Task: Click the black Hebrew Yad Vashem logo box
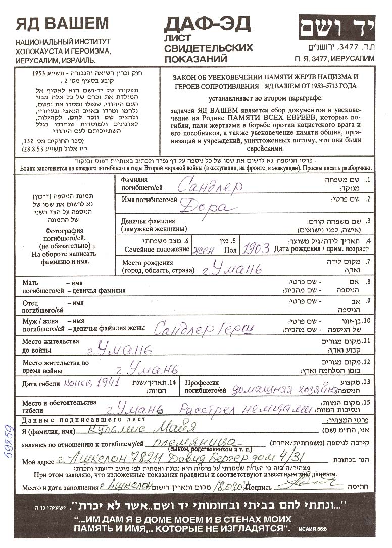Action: (336, 27)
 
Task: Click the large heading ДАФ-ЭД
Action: (208, 24)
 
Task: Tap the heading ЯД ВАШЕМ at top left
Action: (62, 23)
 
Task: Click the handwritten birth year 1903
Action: (256, 248)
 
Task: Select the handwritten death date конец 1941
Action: (92, 383)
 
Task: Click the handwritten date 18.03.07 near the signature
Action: (242, 487)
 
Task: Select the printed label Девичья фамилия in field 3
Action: (148, 221)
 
